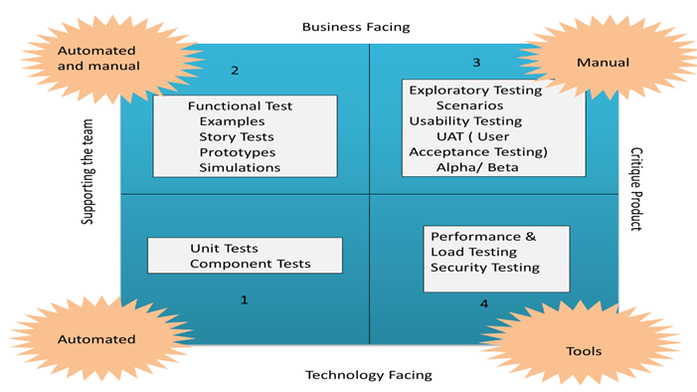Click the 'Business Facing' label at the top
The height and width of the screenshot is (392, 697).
point(355,27)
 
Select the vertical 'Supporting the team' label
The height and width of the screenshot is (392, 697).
point(88,174)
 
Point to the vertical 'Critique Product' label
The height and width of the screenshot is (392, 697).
point(636,189)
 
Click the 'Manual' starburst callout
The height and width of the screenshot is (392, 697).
point(603,63)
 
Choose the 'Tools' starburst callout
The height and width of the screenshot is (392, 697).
point(584,351)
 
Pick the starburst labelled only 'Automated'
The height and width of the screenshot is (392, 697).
point(96,339)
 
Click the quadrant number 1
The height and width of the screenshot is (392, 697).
point(244,298)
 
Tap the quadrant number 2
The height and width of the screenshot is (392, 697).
point(235,70)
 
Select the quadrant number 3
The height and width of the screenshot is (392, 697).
point(476,63)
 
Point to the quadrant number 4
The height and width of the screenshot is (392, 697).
point(484,303)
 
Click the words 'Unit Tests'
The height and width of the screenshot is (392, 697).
point(224,249)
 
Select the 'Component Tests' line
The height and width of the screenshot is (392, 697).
point(250,264)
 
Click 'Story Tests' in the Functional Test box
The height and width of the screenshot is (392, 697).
point(237,136)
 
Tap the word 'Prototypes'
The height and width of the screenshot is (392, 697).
point(237,152)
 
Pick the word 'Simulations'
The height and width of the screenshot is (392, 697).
point(240,167)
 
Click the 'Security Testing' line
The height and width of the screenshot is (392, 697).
point(485,267)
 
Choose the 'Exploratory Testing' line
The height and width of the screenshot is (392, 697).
point(475,90)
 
